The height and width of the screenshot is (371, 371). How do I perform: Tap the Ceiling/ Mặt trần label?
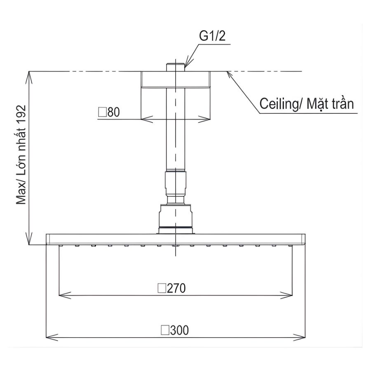(x=306, y=104)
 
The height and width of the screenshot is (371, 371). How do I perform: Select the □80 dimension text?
(x=109, y=112)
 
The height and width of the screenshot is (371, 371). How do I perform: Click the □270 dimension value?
(x=172, y=288)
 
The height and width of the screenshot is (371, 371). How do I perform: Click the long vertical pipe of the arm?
(x=176, y=132)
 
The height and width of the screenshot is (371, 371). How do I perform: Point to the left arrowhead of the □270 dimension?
(x=64, y=295)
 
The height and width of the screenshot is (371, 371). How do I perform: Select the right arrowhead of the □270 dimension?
(x=289, y=295)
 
